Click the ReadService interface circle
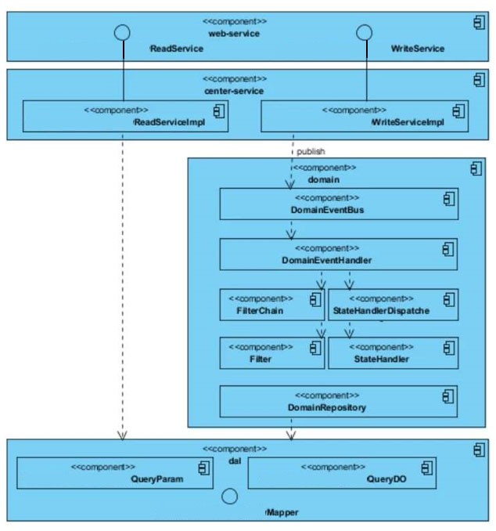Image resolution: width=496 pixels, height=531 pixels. tap(122, 32)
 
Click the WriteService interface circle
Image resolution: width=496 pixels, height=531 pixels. tap(362, 32)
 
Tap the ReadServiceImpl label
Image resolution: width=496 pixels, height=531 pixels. tap(169, 123)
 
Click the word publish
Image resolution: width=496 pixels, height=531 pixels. tap(311, 151)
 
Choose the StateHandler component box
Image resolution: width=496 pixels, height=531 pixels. tap(393, 353)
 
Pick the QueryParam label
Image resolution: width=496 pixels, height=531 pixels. tap(163, 479)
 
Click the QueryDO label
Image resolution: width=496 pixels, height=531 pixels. tap(384, 479)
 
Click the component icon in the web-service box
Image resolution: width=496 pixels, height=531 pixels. tap(479, 23)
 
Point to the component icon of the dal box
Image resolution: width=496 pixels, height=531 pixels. tap(479, 450)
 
